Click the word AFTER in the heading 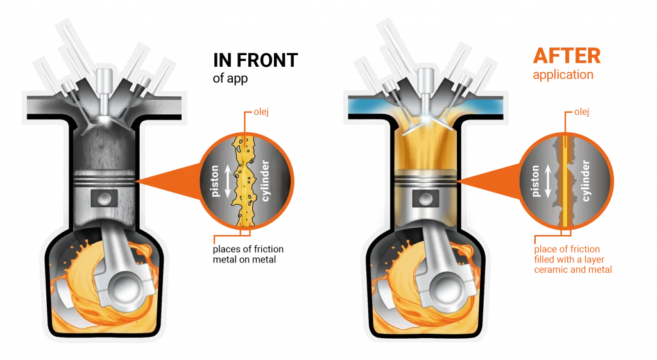(x=567, y=56)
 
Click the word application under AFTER (x=563, y=75)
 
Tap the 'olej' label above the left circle (x=260, y=114)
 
